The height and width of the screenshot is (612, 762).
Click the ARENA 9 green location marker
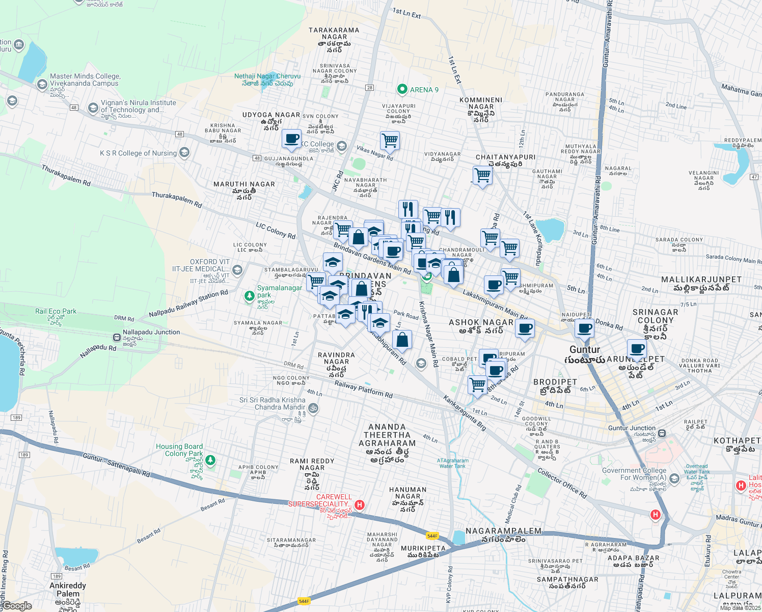tap(402, 90)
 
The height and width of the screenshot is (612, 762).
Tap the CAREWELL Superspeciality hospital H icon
tap(360, 505)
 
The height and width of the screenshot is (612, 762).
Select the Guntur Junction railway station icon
tap(662, 433)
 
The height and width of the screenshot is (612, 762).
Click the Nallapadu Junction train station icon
tap(117, 337)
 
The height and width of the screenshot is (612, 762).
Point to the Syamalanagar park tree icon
tap(249, 296)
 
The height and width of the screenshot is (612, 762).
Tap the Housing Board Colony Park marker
tap(210, 461)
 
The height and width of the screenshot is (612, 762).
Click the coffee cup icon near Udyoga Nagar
tap(292, 139)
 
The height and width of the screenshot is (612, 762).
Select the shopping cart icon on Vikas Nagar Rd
tap(390, 140)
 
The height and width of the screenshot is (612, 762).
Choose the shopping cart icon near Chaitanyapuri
tap(482, 176)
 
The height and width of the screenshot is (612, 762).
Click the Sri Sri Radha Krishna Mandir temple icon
tap(313, 408)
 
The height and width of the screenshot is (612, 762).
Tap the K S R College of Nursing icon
tap(184, 152)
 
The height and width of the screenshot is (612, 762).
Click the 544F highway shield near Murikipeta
tap(432, 535)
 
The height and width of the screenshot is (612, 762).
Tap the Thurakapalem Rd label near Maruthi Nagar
tap(177, 199)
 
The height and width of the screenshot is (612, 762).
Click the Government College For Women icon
tap(674, 478)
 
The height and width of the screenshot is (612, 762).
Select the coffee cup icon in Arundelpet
tap(637, 350)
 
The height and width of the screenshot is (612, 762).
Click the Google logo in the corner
tap(17, 606)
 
